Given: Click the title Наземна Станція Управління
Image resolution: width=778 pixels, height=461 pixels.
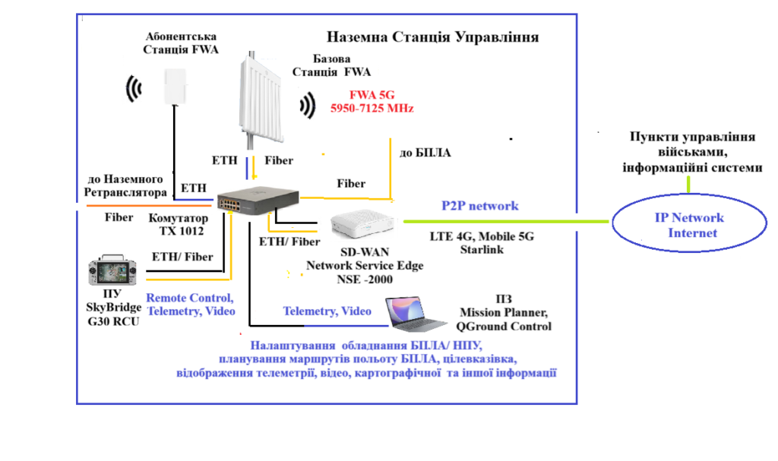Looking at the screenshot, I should (x=432, y=37).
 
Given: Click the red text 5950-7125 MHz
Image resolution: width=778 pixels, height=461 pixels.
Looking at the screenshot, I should (x=372, y=109).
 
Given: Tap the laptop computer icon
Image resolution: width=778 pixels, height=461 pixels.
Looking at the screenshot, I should (x=416, y=314).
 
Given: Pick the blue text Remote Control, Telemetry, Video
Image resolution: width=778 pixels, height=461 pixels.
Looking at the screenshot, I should (x=190, y=305).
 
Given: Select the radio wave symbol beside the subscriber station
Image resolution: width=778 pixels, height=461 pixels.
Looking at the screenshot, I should (x=134, y=88).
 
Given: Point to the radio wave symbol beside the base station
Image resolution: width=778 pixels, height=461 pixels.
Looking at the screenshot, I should (x=308, y=106).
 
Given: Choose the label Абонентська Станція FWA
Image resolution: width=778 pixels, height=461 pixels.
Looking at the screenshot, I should (x=181, y=43).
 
